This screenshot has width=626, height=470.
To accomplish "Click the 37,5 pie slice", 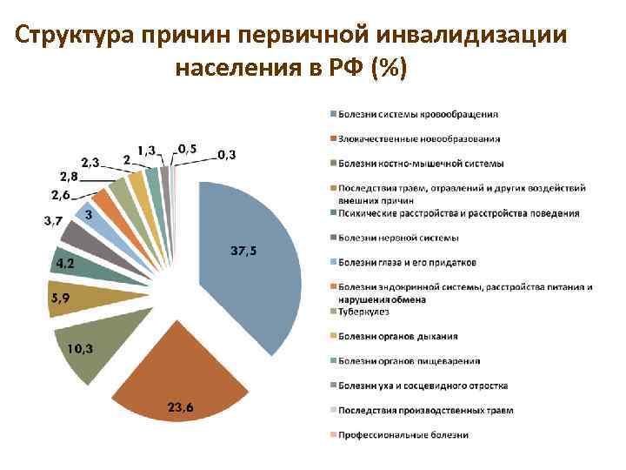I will (x=252, y=270).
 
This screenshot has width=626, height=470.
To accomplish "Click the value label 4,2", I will (x=64, y=261).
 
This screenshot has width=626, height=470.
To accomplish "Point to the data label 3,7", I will (x=53, y=221).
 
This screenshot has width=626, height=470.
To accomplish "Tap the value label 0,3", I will (x=226, y=154).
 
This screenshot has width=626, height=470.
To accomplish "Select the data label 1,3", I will (x=147, y=150).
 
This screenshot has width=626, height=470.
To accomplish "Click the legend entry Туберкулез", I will (x=364, y=312).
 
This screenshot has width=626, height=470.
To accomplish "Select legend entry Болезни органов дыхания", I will (x=399, y=336).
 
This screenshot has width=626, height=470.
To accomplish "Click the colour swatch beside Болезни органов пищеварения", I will (x=331, y=360).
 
